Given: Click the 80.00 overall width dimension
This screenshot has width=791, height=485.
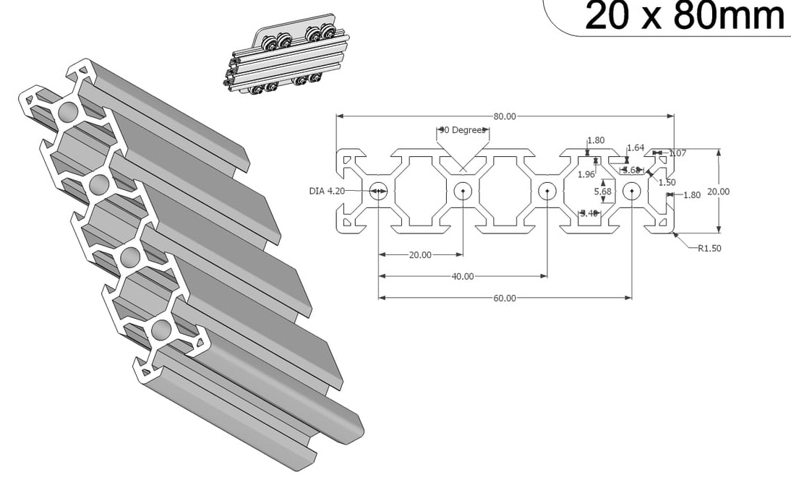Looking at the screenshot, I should tap(505, 116).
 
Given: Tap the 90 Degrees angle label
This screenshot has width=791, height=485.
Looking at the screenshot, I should tap(463, 131).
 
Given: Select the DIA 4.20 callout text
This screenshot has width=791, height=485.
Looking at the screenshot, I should tap(326, 191).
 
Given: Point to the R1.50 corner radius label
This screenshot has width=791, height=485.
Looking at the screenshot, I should tap(709, 248).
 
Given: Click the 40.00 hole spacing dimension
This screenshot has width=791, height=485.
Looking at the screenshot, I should tap(463, 276).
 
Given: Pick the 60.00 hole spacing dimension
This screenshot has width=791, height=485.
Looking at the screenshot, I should tap(505, 298).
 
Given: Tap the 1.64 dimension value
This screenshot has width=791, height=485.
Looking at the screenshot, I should tap(636, 148).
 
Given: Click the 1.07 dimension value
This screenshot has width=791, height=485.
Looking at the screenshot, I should tap(677, 153).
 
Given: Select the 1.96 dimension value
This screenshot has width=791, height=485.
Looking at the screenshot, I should tap(586, 174).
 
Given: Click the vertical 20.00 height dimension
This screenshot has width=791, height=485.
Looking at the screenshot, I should tap(718, 192).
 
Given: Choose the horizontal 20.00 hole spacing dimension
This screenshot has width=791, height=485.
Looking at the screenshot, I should tap(420, 255).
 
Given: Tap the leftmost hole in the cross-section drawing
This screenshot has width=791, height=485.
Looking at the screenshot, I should tap(378, 192).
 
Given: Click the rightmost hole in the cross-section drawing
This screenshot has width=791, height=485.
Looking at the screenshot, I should tap(632, 192).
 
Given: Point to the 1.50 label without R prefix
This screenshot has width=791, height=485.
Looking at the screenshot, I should tap(667, 182).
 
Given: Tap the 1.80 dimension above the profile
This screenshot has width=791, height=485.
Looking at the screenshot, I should tap(596, 140).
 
